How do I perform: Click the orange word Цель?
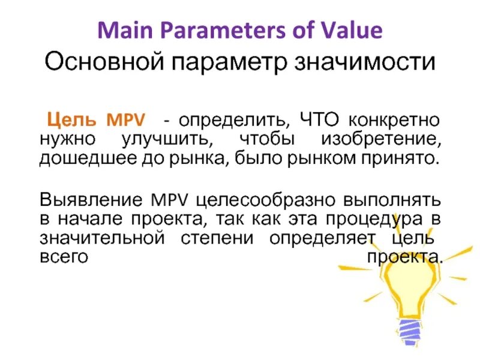tap(71, 119)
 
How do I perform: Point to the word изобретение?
tap(382, 140)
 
